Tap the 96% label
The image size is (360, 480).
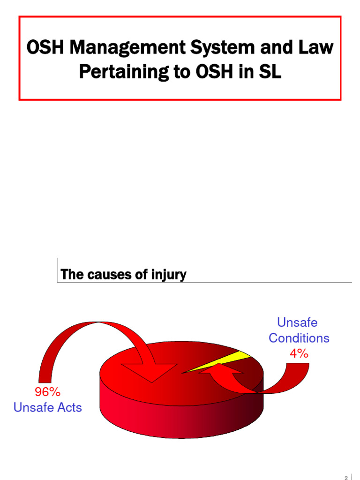47,392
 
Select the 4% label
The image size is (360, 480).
299,354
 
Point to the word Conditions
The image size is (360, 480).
299,338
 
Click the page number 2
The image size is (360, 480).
346,477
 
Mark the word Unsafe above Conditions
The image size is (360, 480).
297,322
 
